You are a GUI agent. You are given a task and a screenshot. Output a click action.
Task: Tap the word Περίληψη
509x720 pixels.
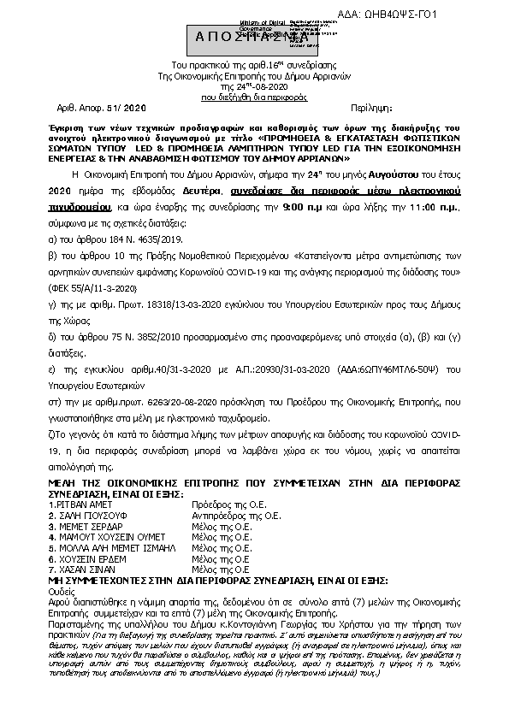373,109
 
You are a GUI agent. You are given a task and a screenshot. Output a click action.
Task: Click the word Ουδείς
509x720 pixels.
62,590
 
